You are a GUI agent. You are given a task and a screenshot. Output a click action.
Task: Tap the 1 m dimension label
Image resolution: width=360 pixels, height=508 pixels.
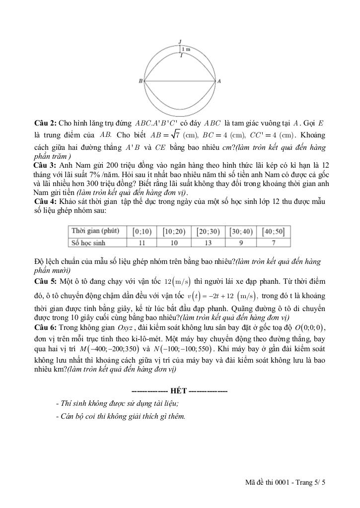pyautogui.click(x=186, y=50)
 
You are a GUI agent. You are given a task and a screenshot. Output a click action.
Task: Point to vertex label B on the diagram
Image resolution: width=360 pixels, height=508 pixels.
pyautogui.click(x=141, y=80)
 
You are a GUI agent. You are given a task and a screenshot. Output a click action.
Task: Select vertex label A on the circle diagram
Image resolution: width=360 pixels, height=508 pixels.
pyautogui.click(x=219, y=80)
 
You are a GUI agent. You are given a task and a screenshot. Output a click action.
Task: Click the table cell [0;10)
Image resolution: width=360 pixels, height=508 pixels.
pyautogui.click(x=142, y=232)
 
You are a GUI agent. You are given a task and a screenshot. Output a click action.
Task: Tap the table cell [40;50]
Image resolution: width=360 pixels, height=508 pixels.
pyautogui.click(x=274, y=232)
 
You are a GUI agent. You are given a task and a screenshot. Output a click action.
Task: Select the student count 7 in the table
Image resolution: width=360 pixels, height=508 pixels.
pyautogui.click(x=274, y=243)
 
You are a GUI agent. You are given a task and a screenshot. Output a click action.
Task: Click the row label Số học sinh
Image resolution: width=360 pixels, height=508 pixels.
pyautogui.click(x=89, y=243)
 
